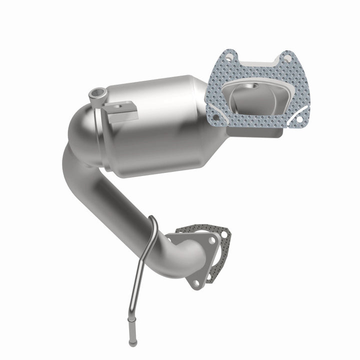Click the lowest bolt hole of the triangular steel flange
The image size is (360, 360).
[x=195, y=283]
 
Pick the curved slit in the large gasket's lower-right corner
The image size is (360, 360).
[x=296, y=102]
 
